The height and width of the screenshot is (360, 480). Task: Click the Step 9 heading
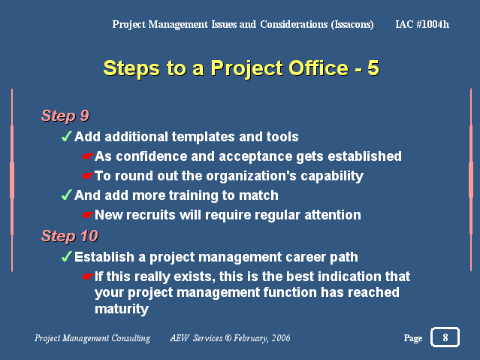pos(65,116)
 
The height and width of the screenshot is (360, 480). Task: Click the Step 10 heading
pos(70,236)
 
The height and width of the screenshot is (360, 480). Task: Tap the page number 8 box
pos(445,337)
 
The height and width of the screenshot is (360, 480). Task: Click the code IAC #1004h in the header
pos(422,24)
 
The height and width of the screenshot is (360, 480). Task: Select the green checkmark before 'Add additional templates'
pos(66,136)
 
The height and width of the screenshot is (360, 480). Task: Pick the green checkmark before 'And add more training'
pos(66,195)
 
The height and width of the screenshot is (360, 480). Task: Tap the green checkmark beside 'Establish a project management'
pos(66,256)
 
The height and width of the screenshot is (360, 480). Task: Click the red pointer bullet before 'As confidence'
pos(88,156)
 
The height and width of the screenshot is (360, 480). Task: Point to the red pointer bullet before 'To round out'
pos(88,176)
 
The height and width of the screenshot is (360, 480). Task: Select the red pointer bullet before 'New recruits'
pos(88,215)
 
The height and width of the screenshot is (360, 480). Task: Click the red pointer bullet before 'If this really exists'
pos(88,277)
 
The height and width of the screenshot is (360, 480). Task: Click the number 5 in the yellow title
pos(373,68)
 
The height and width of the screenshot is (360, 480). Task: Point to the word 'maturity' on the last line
pos(122,309)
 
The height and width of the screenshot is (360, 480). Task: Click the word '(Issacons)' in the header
pos(352,24)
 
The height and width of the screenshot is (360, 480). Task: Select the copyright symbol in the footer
pos(228,337)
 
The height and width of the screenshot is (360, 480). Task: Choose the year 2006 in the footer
pos(281,337)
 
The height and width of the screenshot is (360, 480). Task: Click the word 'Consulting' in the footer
pos(131,338)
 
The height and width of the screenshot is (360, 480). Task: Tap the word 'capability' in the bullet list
pos(332,177)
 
